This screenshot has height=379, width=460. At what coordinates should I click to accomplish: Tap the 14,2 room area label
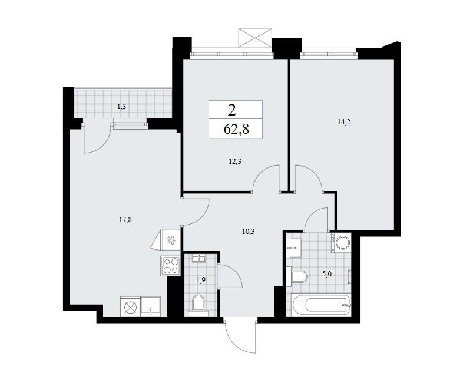(344, 122)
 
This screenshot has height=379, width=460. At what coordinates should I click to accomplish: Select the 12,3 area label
(234, 161)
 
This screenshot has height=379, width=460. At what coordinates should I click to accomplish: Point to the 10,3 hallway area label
(248, 232)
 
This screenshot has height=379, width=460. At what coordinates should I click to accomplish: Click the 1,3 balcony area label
(121, 107)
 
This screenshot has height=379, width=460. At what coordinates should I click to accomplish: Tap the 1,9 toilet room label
(201, 280)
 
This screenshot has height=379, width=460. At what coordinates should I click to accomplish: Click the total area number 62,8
(236, 129)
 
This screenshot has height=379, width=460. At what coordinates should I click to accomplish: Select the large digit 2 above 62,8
(231, 110)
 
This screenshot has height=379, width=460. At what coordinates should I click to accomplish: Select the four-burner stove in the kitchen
(170, 266)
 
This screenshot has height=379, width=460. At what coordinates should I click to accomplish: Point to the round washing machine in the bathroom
(342, 243)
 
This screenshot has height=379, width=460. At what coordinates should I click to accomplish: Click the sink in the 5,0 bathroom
(294, 248)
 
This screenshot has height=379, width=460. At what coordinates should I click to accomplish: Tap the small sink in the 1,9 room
(199, 259)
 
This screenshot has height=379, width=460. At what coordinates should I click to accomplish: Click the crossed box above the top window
(255, 37)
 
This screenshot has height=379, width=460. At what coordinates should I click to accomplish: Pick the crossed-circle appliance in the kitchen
(131, 307)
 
